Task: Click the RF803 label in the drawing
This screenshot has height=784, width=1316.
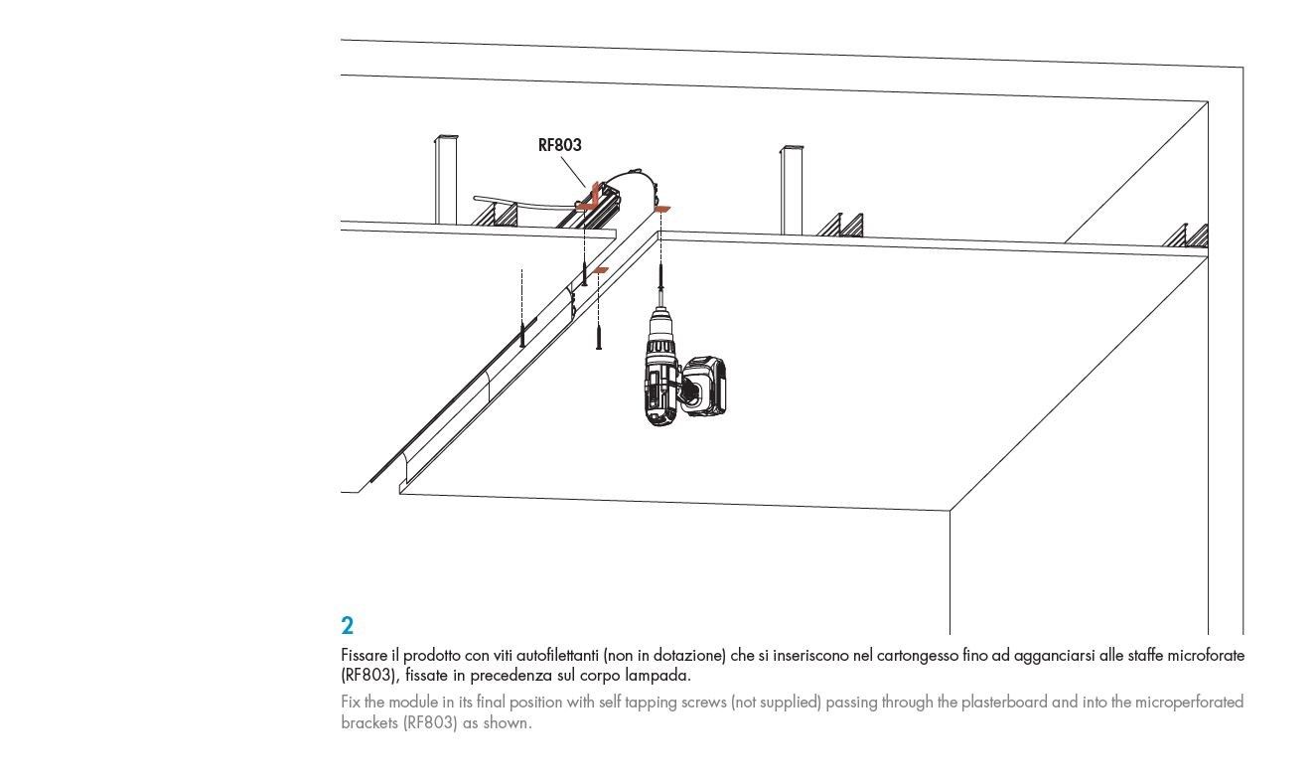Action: coord(559,145)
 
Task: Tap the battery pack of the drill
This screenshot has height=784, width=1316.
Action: coord(706,388)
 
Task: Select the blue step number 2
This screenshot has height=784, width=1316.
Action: coord(347,626)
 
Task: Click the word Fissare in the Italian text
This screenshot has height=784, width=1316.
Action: coord(364,656)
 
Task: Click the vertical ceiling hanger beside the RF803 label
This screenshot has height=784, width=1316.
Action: coord(445,179)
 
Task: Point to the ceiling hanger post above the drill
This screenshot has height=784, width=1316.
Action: coord(792,189)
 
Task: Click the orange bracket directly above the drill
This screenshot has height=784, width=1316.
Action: coord(662,209)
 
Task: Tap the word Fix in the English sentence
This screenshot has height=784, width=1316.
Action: coord(351,702)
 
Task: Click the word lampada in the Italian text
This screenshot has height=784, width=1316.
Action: coord(658,676)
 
